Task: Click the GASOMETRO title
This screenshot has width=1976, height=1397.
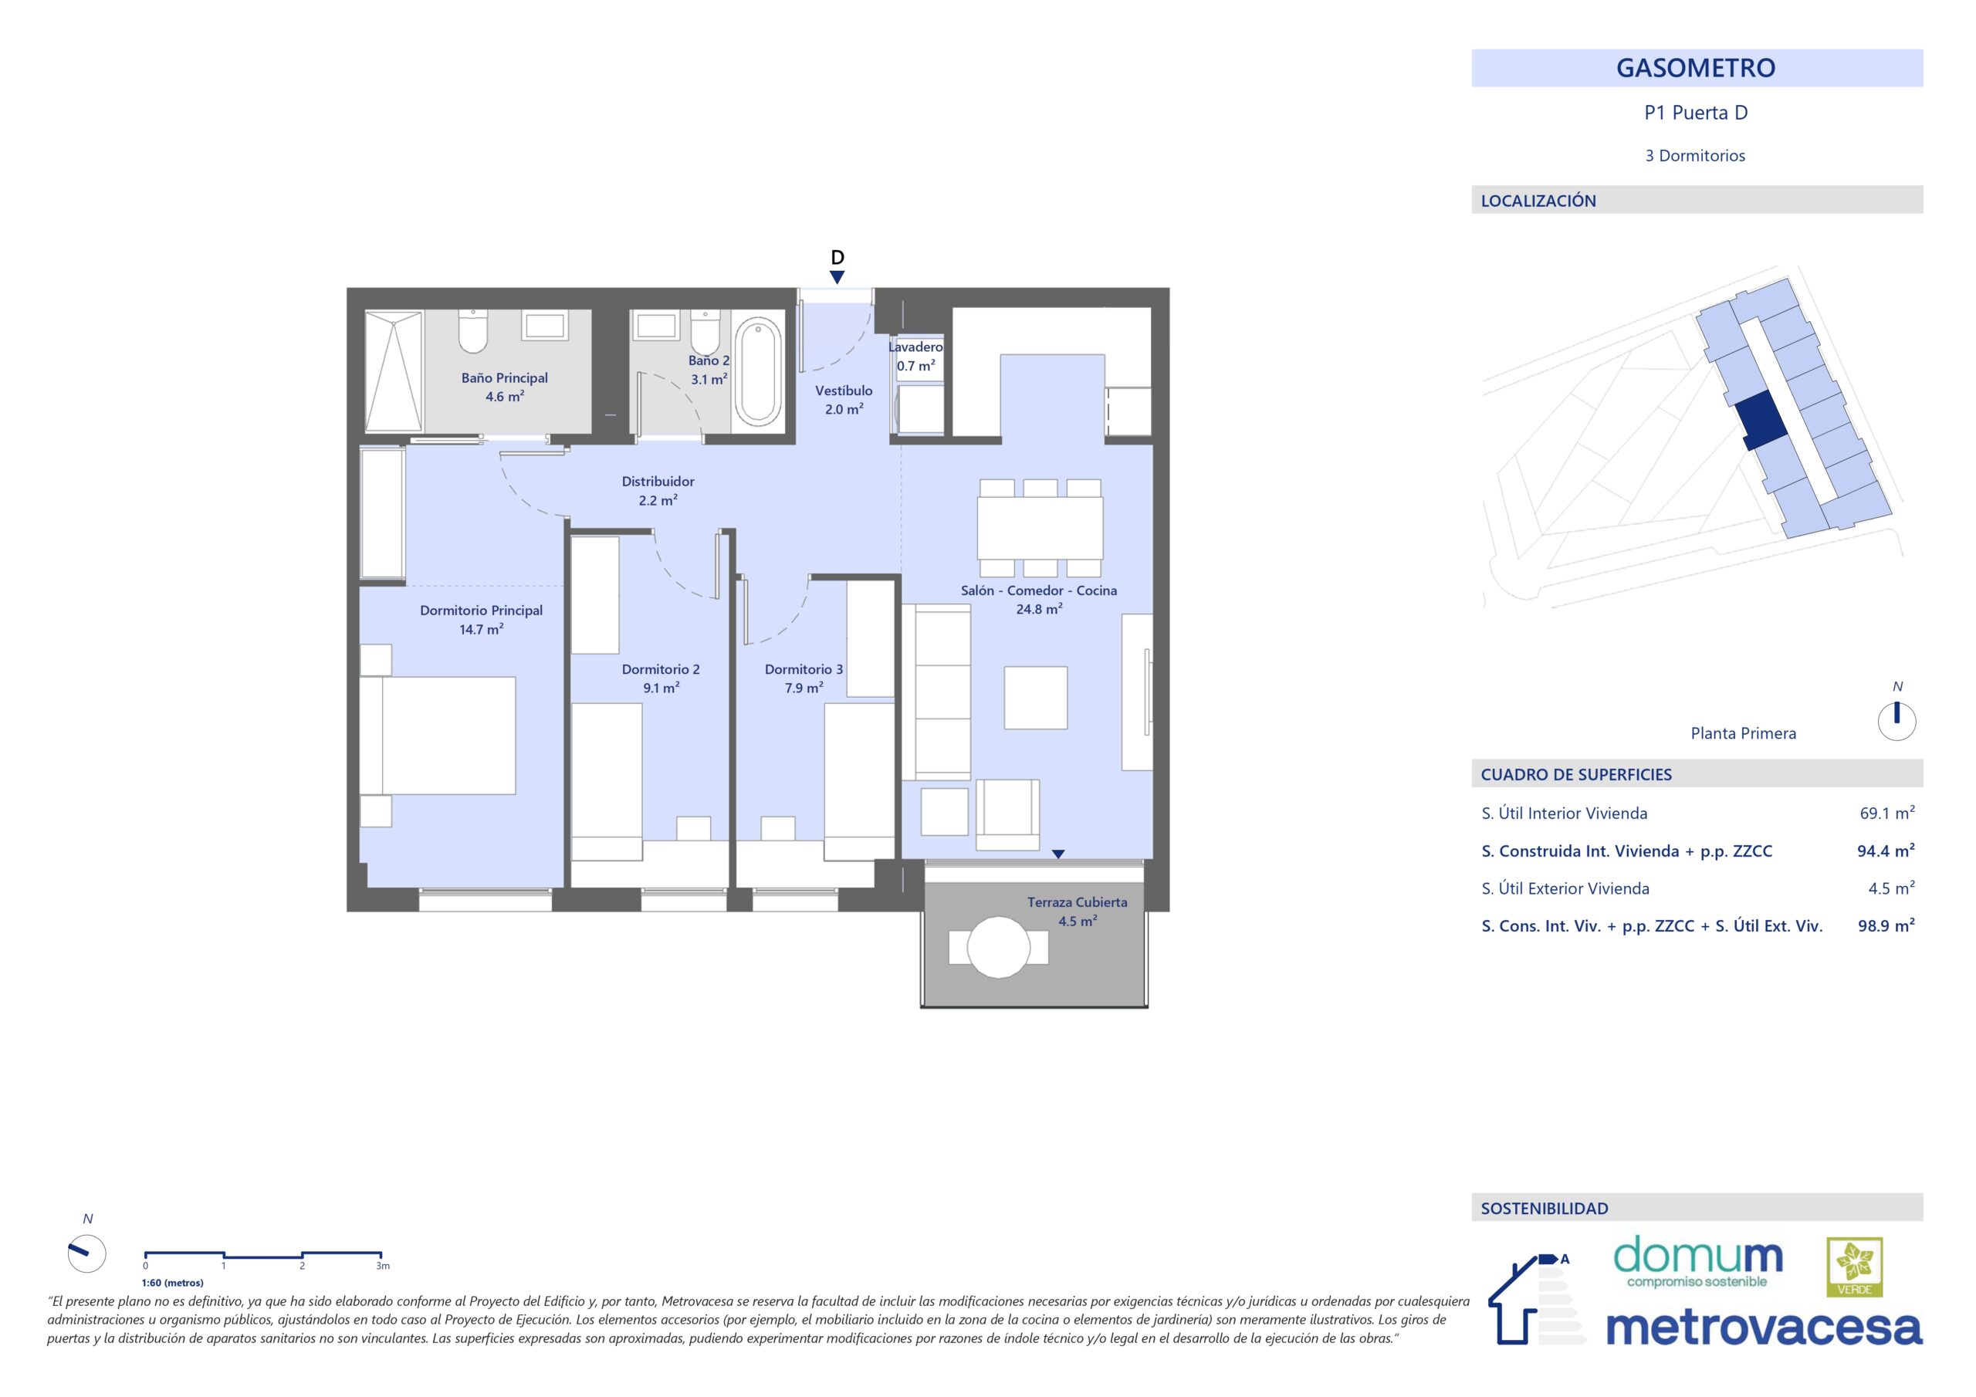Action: pyautogui.click(x=1696, y=68)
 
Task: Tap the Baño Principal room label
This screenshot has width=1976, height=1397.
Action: pyautogui.click(x=504, y=378)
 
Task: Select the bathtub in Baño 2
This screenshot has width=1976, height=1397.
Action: pyautogui.click(x=758, y=371)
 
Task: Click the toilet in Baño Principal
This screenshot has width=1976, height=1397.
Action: pyautogui.click(x=472, y=331)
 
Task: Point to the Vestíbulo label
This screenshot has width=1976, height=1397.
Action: pyautogui.click(x=844, y=391)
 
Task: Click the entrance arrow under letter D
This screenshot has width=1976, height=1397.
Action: pyautogui.click(x=837, y=277)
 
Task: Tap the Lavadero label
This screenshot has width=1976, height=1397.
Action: pyautogui.click(x=915, y=347)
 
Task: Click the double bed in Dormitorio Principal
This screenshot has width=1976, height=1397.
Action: pyautogui.click(x=437, y=735)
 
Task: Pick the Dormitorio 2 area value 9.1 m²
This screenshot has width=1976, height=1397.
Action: pyautogui.click(x=661, y=688)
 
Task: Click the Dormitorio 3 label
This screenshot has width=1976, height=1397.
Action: pyautogui.click(x=804, y=670)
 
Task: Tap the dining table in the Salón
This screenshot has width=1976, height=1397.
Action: pyautogui.click(x=1040, y=528)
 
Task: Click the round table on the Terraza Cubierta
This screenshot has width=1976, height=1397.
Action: pyautogui.click(x=998, y=948)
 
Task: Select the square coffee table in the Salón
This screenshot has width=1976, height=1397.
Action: pyautogui.click(x=1035, y=697)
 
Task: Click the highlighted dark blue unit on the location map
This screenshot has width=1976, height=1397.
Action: pyautogui.click(x=1758, y=420)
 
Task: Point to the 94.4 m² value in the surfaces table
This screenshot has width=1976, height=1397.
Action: pyautogui.click(x=1886, y=851)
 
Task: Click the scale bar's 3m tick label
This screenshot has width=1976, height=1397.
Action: pyautogui.click(x=383, y=1266)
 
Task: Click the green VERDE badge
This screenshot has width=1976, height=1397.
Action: pyautogui.click(x=1855, y=1267)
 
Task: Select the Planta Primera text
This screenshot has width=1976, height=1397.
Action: pyautogui.click(x=1743, y=733)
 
